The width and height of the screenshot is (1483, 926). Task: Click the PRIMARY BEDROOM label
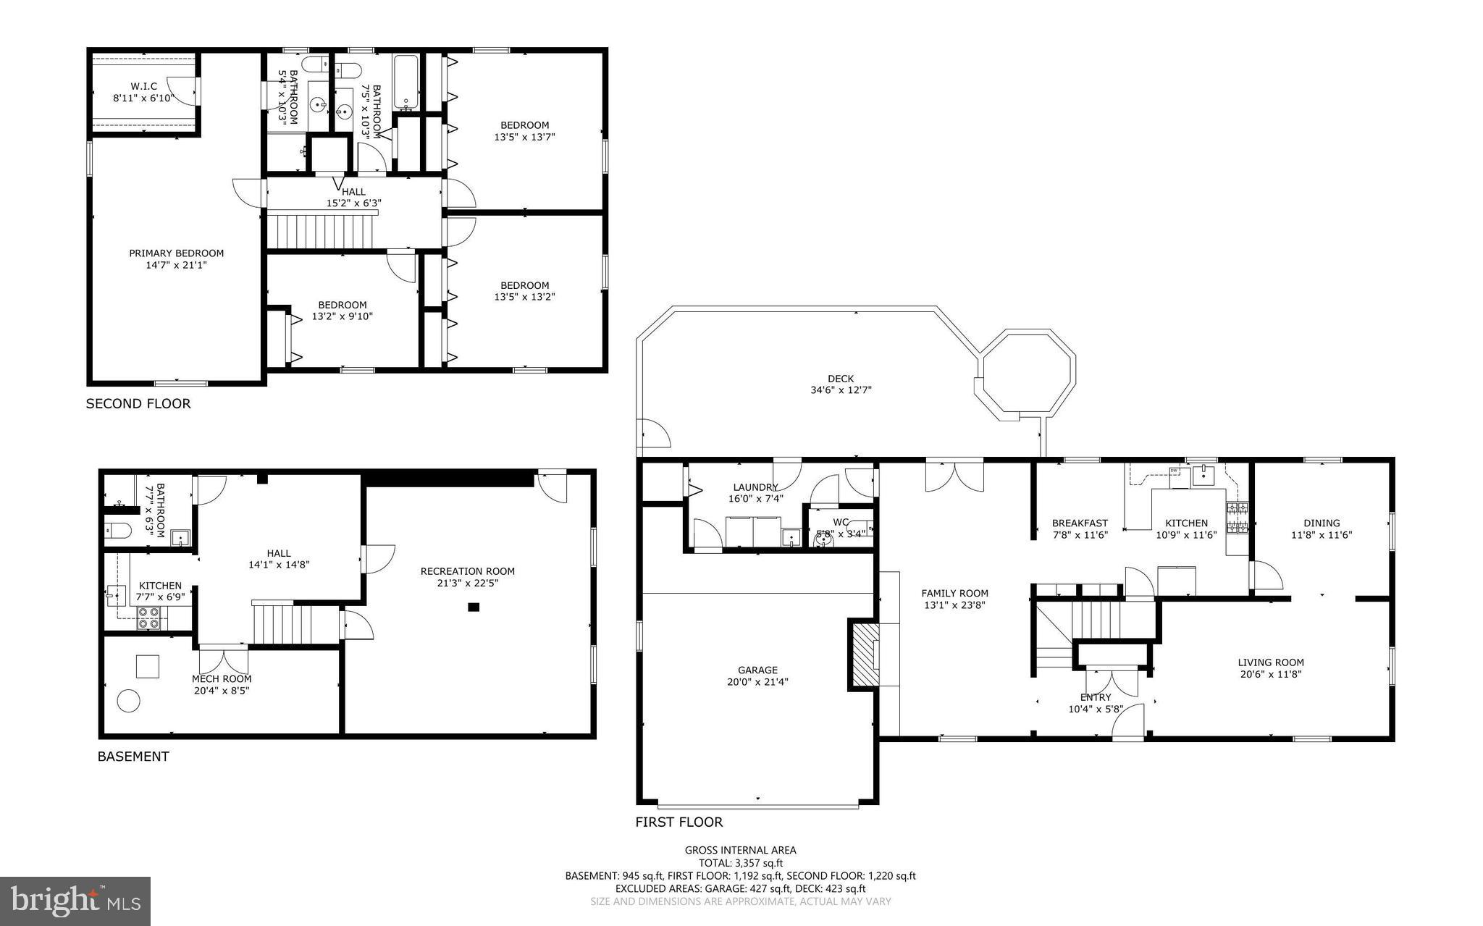[176, 253]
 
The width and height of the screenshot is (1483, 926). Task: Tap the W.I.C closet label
[143, 86]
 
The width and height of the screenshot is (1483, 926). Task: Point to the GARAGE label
[757, 670]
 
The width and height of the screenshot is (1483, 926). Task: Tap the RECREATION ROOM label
[467, 571]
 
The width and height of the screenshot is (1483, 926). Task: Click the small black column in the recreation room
[474, 607]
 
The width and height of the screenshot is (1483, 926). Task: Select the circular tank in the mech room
[129, 701]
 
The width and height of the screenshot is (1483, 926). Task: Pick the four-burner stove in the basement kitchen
[149, 618]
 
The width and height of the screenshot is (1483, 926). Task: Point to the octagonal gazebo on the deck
[1026, 374]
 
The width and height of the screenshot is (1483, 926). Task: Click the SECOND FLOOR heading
[138, 404]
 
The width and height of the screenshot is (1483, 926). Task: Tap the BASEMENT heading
[133, 757]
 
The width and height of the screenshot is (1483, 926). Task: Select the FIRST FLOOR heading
[679, 822]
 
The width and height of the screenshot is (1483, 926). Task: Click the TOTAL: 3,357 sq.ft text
[740, 863]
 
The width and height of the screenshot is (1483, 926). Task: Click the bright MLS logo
[75, 901]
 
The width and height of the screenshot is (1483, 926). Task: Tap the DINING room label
[1322, 523]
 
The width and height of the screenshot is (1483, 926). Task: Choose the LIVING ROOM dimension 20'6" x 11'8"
[1270, 674]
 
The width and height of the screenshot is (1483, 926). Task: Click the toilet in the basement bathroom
[117, 531]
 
